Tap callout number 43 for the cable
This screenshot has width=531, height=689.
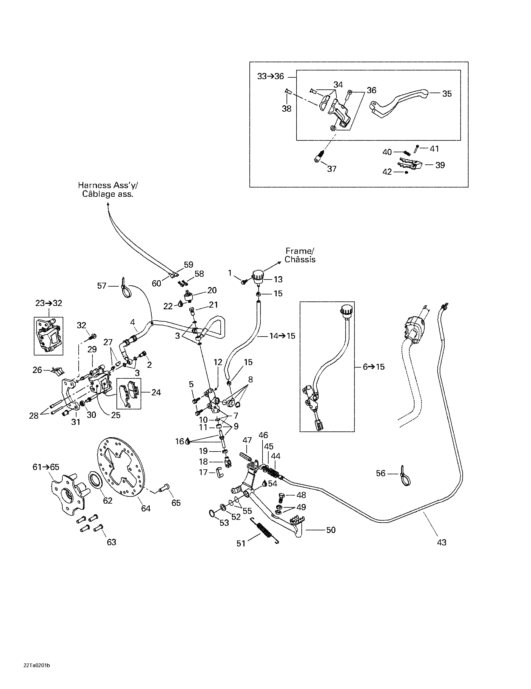441,542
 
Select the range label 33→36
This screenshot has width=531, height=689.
271,76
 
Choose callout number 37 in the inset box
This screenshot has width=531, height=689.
331,169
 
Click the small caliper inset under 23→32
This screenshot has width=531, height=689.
48,336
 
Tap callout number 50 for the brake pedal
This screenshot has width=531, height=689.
330,530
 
